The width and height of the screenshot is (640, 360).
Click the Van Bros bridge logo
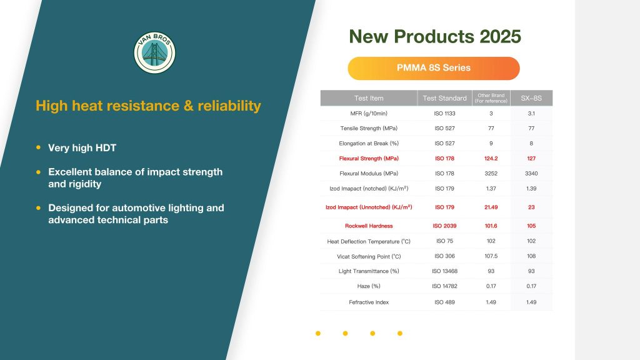[155, 52]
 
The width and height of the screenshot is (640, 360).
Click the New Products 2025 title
[435, 36]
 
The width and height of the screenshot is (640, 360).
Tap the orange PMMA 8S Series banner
[434, 68]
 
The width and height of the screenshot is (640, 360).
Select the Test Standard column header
[444, 98]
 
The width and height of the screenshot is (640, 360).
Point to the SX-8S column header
[531, 98]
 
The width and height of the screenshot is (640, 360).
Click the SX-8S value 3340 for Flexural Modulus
[531, 174]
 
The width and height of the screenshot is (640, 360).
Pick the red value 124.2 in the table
[491, 158]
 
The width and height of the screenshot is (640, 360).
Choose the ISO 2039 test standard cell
[444, 226]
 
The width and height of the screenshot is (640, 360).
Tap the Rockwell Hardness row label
[369, 226]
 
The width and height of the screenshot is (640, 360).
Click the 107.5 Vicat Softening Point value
[491, 256]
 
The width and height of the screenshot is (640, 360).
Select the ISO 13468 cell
[444, 271]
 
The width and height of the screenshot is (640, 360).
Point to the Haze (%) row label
[369, 286]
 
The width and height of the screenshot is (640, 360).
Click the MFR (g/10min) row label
[369, 114]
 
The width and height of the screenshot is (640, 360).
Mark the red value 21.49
[491, 207]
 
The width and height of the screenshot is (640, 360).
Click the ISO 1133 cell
[444, 114]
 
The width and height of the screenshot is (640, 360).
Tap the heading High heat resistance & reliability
[148, 106]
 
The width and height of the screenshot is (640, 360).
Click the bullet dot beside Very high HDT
[38, 147]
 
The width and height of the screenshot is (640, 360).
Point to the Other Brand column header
[491, 98]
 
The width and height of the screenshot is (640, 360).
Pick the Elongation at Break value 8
[531, 143]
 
